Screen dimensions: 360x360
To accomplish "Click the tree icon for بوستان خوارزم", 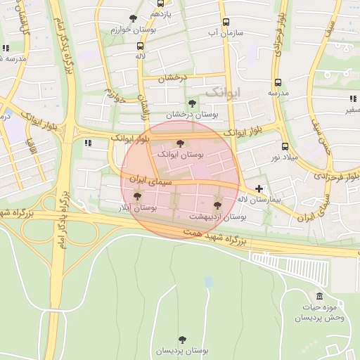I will pos(134,19).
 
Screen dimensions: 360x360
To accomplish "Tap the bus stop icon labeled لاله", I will pos(140,46).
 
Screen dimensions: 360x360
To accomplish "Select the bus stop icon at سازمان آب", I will pos(225,22).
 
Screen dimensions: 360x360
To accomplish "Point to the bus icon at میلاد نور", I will pos(285,147).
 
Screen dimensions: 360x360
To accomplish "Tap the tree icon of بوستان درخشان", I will pos(192,103).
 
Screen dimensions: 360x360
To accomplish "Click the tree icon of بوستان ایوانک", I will pos(180,143).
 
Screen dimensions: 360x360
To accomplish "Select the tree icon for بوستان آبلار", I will pos(136,197).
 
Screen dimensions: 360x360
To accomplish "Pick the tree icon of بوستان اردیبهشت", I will pos(217,205).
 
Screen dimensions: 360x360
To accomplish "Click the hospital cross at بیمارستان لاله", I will pos(260,188).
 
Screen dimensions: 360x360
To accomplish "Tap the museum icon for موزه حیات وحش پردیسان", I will pos(320,296).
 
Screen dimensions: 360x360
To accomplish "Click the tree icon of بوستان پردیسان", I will pos(183,340).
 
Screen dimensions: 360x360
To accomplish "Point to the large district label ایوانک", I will pos(224,91).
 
